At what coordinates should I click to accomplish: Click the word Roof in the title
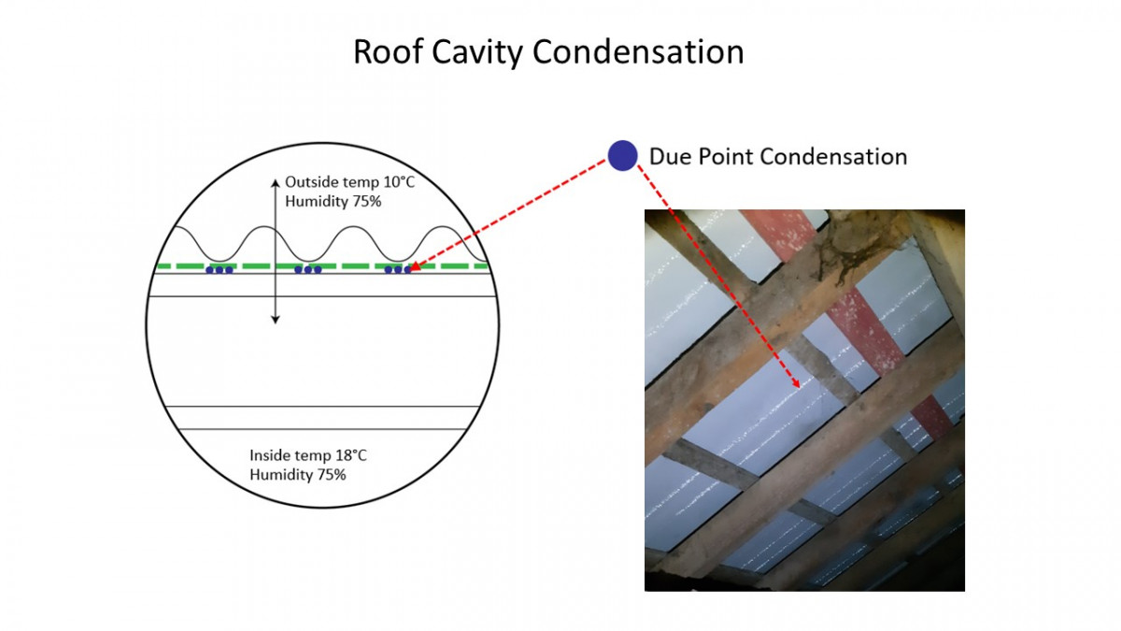pyautogui.click(x=388, y=51)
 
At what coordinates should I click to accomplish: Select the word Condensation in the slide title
pyautogui.click(x=638, y=51)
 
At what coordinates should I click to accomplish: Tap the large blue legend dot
pyautogui.click(x=622, y=156)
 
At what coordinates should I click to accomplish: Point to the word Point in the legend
pyautogui.click(x=726, y=156)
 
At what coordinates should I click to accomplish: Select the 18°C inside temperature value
pyautogui.click(x=351, y=455)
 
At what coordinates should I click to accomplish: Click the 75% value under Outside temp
pyautogui.click(x=367, y=201)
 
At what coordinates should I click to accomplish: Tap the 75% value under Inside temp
pyautogui.click(x=332, y=475)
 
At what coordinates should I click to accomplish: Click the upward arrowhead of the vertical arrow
pyautogui.click(x=276, y=183)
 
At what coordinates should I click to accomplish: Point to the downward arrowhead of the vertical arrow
pyautogui.click(x=276, y=320)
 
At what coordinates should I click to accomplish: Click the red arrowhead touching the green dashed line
pyautogui.click(x=415, y=265)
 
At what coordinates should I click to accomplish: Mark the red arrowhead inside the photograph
pyautogui.click(x=796, y=383)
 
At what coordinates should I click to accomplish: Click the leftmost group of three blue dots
pyautogui.click(x=220, y=270)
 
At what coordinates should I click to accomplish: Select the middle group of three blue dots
pyautogui.click(x=307, y=270)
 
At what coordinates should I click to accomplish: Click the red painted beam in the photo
pyautogui.click(x=851, y=321)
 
